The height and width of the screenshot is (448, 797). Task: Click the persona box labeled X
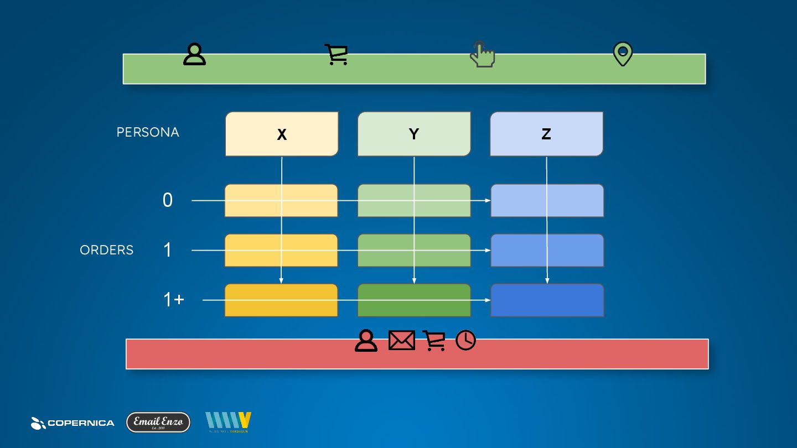(282, 134)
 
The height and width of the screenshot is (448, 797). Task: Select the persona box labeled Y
(414, 134)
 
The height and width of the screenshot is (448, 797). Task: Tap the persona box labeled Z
(546, 134)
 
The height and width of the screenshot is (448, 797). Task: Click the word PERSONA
(148, 133)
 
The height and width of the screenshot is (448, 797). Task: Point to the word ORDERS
(107, 250)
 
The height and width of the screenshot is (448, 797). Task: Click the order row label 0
(168, 200)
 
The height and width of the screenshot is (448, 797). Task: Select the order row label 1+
(174, 300)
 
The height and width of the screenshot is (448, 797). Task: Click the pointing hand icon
(482, 55)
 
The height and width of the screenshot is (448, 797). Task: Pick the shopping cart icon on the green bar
(336, 55)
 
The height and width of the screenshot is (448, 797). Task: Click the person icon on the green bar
(194, 55)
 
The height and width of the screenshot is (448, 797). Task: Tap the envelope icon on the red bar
(401, 341)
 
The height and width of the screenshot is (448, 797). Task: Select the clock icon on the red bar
(465, 341)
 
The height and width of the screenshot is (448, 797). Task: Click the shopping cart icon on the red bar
(434, 341)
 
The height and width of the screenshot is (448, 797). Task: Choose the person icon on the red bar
(366, 341)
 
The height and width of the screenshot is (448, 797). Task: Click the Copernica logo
(73, 423)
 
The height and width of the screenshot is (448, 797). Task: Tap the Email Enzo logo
(158, 422)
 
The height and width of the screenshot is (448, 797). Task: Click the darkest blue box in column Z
(547, 300)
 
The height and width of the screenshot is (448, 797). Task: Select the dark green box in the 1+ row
(414, 300)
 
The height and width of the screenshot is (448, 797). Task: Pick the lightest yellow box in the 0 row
(281, 200)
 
